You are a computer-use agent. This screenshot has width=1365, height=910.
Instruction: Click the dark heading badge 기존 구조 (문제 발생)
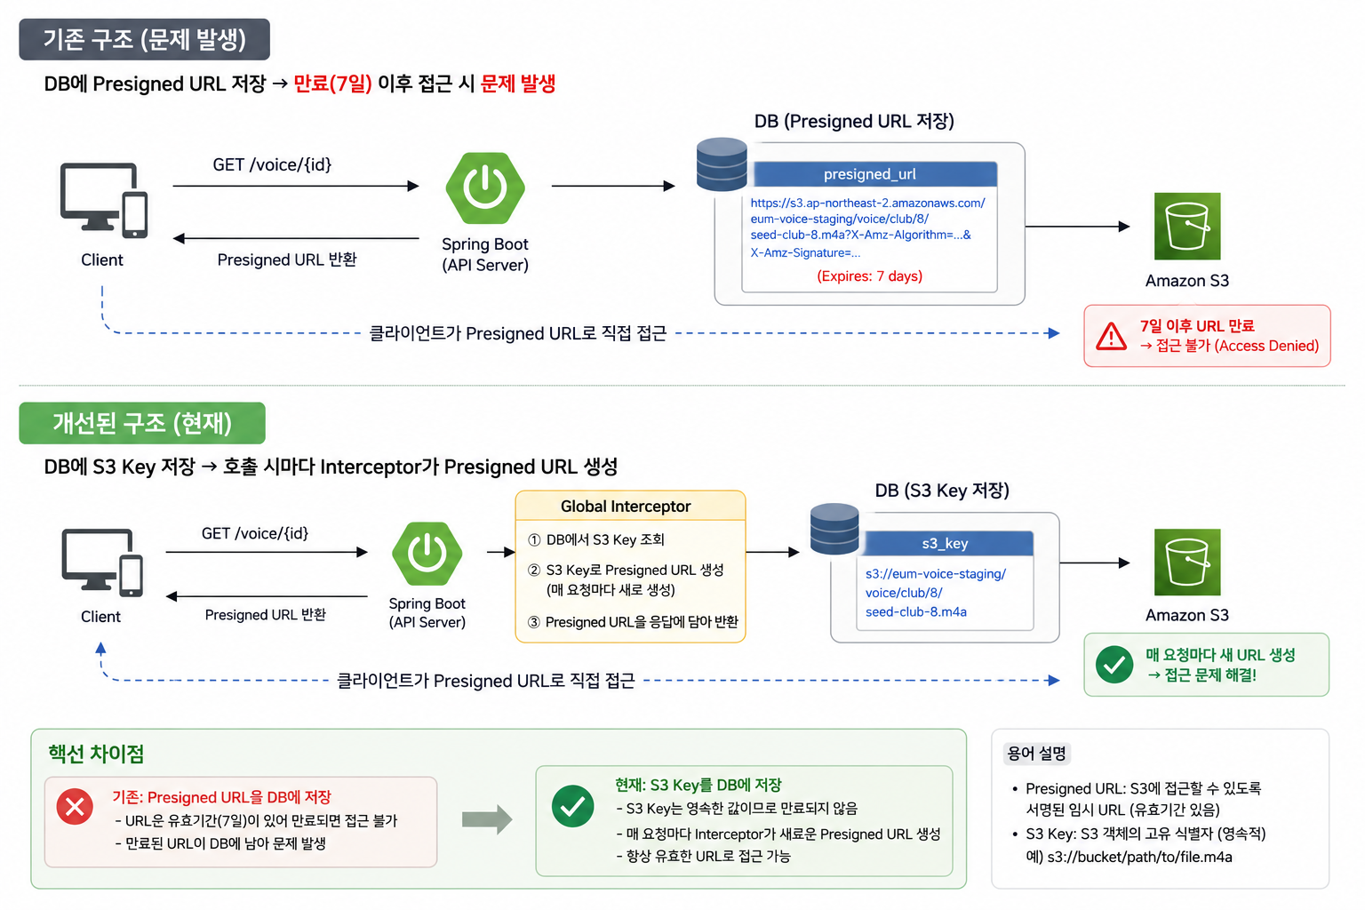145,40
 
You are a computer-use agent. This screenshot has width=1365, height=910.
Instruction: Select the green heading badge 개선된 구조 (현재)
142,423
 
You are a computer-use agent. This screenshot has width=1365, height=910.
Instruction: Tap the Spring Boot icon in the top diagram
485,188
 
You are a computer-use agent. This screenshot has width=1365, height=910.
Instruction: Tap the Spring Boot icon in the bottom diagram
427,554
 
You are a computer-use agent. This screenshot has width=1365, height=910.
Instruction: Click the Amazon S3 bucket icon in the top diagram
1187,226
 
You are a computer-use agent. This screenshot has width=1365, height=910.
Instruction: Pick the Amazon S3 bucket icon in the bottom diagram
1187,562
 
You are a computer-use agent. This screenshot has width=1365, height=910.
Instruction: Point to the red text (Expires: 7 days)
870,276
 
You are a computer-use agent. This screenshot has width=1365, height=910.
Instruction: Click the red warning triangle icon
1112,336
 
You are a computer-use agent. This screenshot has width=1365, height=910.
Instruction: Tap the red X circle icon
75,807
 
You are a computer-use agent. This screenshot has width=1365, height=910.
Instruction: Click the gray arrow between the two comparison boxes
487,819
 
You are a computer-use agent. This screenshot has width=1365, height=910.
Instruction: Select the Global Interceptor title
626,507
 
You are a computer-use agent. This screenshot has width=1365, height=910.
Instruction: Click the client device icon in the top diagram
104,201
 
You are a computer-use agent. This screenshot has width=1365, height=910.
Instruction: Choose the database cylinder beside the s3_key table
834,529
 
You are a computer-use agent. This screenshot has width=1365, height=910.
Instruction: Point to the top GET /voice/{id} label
272,164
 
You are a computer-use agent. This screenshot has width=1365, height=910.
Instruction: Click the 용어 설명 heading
1036,754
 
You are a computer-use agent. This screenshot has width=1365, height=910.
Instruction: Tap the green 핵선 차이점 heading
96,754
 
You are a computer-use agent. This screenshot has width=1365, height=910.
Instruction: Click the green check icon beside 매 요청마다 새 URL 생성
1114,665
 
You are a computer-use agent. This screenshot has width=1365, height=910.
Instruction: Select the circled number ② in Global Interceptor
534,570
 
